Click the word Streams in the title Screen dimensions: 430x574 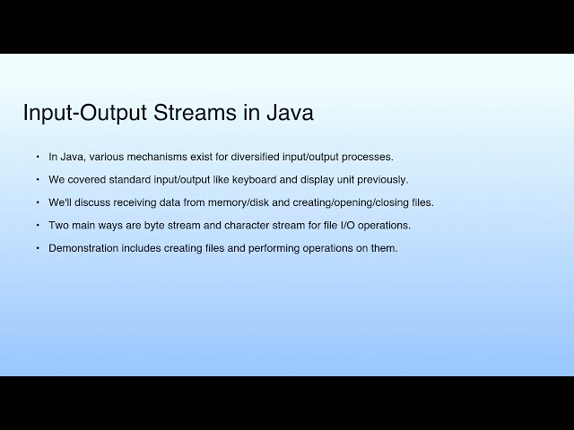pyautogui.click(x=193, y=114)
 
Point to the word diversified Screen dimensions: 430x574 pyautogui.click(x=265, y=157)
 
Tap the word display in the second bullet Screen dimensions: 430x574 pyautogui.click(x=313, y=179)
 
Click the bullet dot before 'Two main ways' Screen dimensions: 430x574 pyautogui.click(x=38, y=225)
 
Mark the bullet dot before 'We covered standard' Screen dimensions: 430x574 pyautogui.click(x=38, y=179)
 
